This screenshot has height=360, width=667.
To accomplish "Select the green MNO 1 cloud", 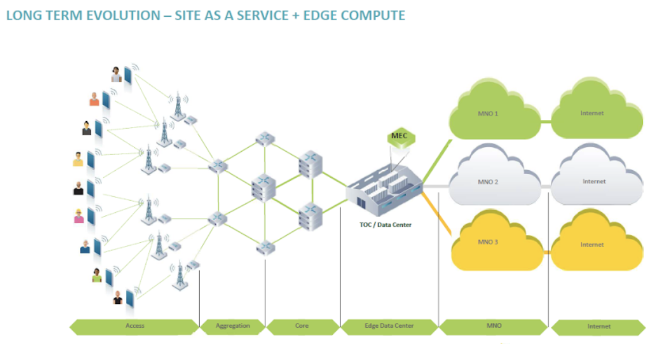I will pos(488,114).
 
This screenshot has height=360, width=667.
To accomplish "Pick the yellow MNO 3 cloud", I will pos(488,242).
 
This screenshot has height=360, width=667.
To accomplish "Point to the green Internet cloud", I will pos(593,114).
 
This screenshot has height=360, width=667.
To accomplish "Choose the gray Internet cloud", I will pos(594,182).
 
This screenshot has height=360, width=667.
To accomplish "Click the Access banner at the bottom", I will pos(134,326).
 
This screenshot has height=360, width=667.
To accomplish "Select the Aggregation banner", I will pos(233,326).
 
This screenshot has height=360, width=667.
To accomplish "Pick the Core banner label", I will pos(302,326).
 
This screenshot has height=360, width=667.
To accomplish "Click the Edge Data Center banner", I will pos(389,326).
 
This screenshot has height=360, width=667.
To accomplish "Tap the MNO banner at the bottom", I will pos(494,326).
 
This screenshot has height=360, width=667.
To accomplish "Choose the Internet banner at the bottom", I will pos(598,327).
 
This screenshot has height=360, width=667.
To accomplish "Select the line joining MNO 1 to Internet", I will pos(545,122).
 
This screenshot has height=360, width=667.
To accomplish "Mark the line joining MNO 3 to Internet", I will pos(545,253).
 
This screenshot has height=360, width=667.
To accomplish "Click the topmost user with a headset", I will pos(116,74).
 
